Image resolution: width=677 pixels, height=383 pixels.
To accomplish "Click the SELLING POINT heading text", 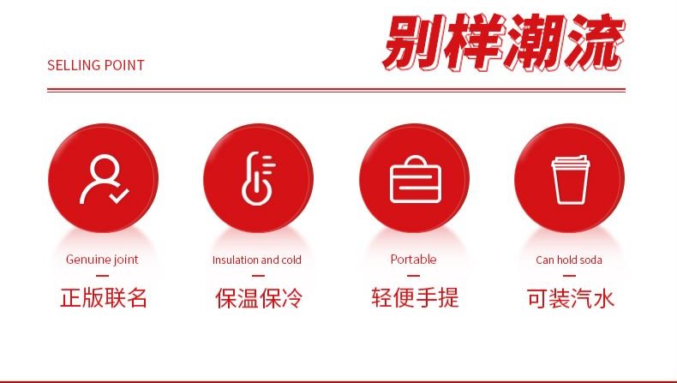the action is pyautogui.click(x=95, y=65).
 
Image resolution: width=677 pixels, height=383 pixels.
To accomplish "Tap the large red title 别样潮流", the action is pyautogui.click(x=503, y=42).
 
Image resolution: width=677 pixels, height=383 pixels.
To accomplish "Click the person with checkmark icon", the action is pyautogui.click(x=104, y=179).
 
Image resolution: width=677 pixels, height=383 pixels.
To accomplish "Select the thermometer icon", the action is pyautogui.click(x=258, y=178).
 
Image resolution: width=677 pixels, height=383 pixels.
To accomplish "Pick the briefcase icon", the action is pyautogui.click(x=416, y=179).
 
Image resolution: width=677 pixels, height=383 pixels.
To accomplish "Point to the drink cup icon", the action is pyautogui.click(x=571, y=180).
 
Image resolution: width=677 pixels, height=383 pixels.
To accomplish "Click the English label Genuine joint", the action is pyautogui.click(x=102, y=260).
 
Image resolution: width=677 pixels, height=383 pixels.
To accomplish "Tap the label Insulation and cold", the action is pyautogui.click(x=257, y=260).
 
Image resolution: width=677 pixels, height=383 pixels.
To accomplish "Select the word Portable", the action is pyautogui.click(x=413, y=260).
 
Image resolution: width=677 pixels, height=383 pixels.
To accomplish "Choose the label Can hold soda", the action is pyautogui.click(x=569, y=260).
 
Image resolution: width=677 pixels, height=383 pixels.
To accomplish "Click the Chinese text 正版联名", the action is pyautogui.click(x=104, y=298).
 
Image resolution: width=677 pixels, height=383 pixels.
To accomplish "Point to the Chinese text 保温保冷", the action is pyautogui.click(x=259, y=298).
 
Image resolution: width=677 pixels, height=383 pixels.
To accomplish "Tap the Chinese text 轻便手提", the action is pyautogui.click(x=415, y=297).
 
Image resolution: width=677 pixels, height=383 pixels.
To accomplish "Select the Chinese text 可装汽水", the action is pyautogui.click(x=571, y=298).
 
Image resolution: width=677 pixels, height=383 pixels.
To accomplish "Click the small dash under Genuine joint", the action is pyautogui.click(x=102, y=276).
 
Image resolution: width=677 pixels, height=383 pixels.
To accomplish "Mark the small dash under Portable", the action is pyautogui.click(x=414, y=276).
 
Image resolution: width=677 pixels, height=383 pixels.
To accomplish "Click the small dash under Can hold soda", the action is pyautogui.click(x=570, y=276).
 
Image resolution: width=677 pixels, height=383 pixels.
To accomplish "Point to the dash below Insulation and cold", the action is pyautogui.click(x=258, y=276).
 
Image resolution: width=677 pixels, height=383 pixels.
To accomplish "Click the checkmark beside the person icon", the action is pyautogui.click(x=119, y=196).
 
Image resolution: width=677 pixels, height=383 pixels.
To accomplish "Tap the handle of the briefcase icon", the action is pyautogui.click(x=416, y=160).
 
